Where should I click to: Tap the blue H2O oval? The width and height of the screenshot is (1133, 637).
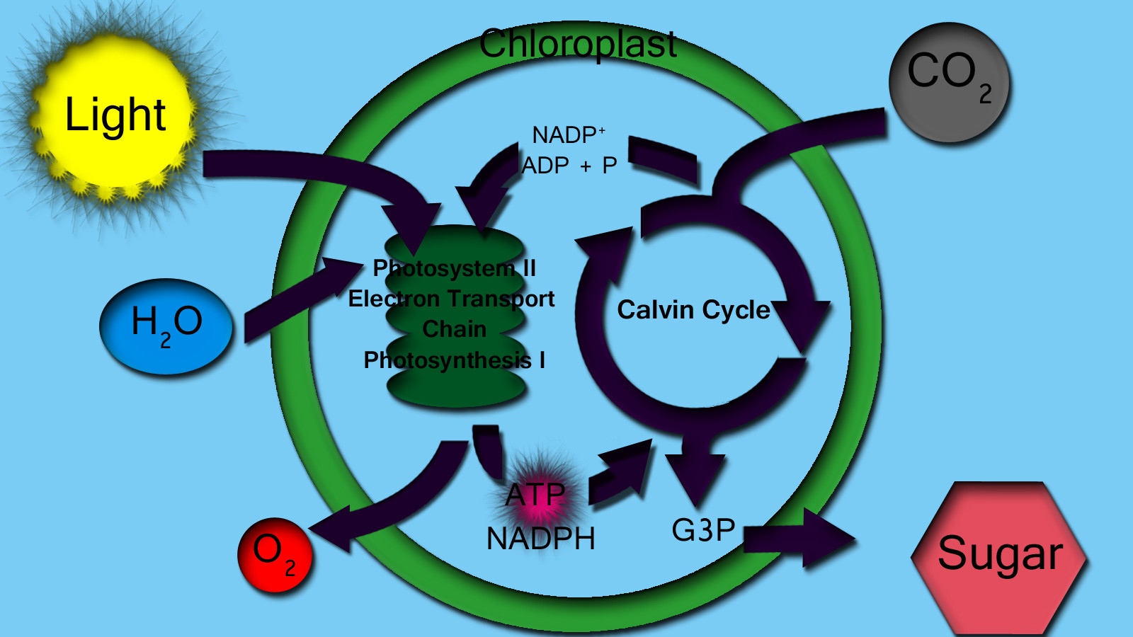(x=166, y=326)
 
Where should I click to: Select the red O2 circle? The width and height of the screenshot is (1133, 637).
(x=275, y=554)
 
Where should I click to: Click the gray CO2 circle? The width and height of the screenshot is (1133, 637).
(x=949, y=81)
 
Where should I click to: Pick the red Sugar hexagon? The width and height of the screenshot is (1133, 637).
(x=999, y=556)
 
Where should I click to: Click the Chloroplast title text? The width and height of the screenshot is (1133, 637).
(x=578, y=44)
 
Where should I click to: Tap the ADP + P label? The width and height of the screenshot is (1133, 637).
(x=569, y=166)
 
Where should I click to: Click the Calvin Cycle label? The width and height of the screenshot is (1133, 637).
(x=693, y=310)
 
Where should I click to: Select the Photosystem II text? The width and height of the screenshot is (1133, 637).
(x=455, y=268)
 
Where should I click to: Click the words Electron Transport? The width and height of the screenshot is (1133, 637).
(x=451, y=299)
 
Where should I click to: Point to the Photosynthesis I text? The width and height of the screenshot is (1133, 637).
(x=454, y=360)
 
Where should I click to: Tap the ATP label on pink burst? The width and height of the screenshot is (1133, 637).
(x=535, y=495)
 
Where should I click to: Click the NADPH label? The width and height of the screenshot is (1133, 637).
(x=540, y=539)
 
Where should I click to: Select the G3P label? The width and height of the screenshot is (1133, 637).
(x=703, y=530)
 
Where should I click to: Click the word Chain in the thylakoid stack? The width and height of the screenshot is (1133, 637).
(x=454, y=329)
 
